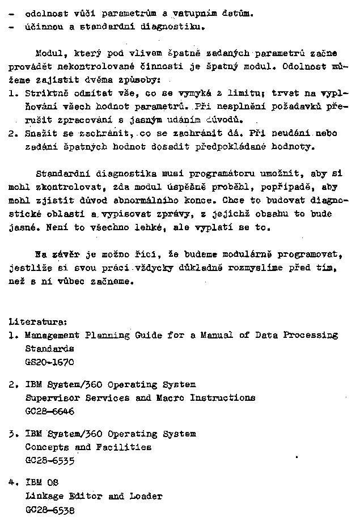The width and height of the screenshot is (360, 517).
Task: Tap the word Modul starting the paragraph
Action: coord(48,54)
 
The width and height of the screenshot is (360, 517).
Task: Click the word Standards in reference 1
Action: coord(50,349)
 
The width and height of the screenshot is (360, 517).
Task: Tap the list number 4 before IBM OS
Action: coord(12,483)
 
